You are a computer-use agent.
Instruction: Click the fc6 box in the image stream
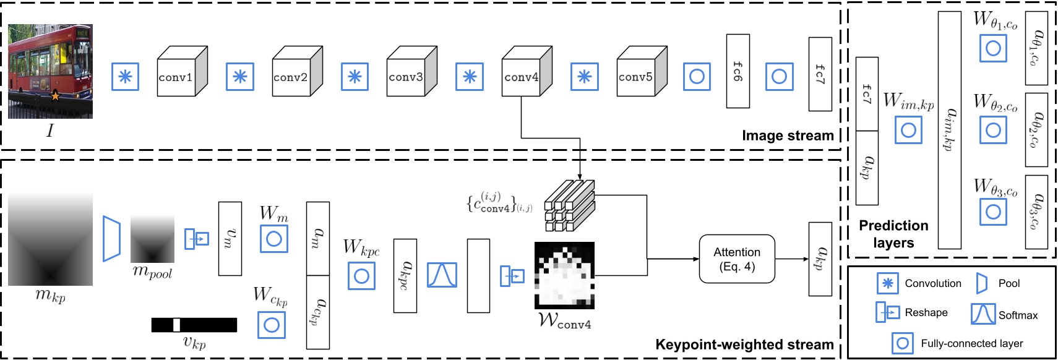coord(738,71)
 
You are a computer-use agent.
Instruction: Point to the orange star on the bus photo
coord(55,96)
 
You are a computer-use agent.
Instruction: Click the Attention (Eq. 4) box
coord(736,259)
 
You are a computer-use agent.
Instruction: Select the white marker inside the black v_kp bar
coord(176,325)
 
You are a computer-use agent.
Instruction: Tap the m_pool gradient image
coord(152,239)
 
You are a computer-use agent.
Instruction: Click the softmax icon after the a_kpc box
coord(442,275)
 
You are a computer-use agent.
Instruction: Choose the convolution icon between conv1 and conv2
coord(240,77)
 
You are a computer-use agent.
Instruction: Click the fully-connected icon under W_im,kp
coord(908,130)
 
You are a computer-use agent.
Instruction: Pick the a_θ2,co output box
coord(1036,130)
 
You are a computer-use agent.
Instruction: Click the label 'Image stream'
coord(788,135)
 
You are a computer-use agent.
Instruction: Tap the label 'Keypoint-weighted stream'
coord(744,345)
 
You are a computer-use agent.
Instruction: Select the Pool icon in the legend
coord(981,283)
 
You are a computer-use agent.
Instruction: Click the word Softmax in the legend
coord(1018,315)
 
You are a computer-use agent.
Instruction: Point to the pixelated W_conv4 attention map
coord(564,276)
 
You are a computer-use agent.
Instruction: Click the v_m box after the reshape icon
coord(230,239)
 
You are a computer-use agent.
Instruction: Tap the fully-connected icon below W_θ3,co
coord(993,212)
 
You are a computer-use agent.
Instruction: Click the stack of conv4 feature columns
coord(569,205)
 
